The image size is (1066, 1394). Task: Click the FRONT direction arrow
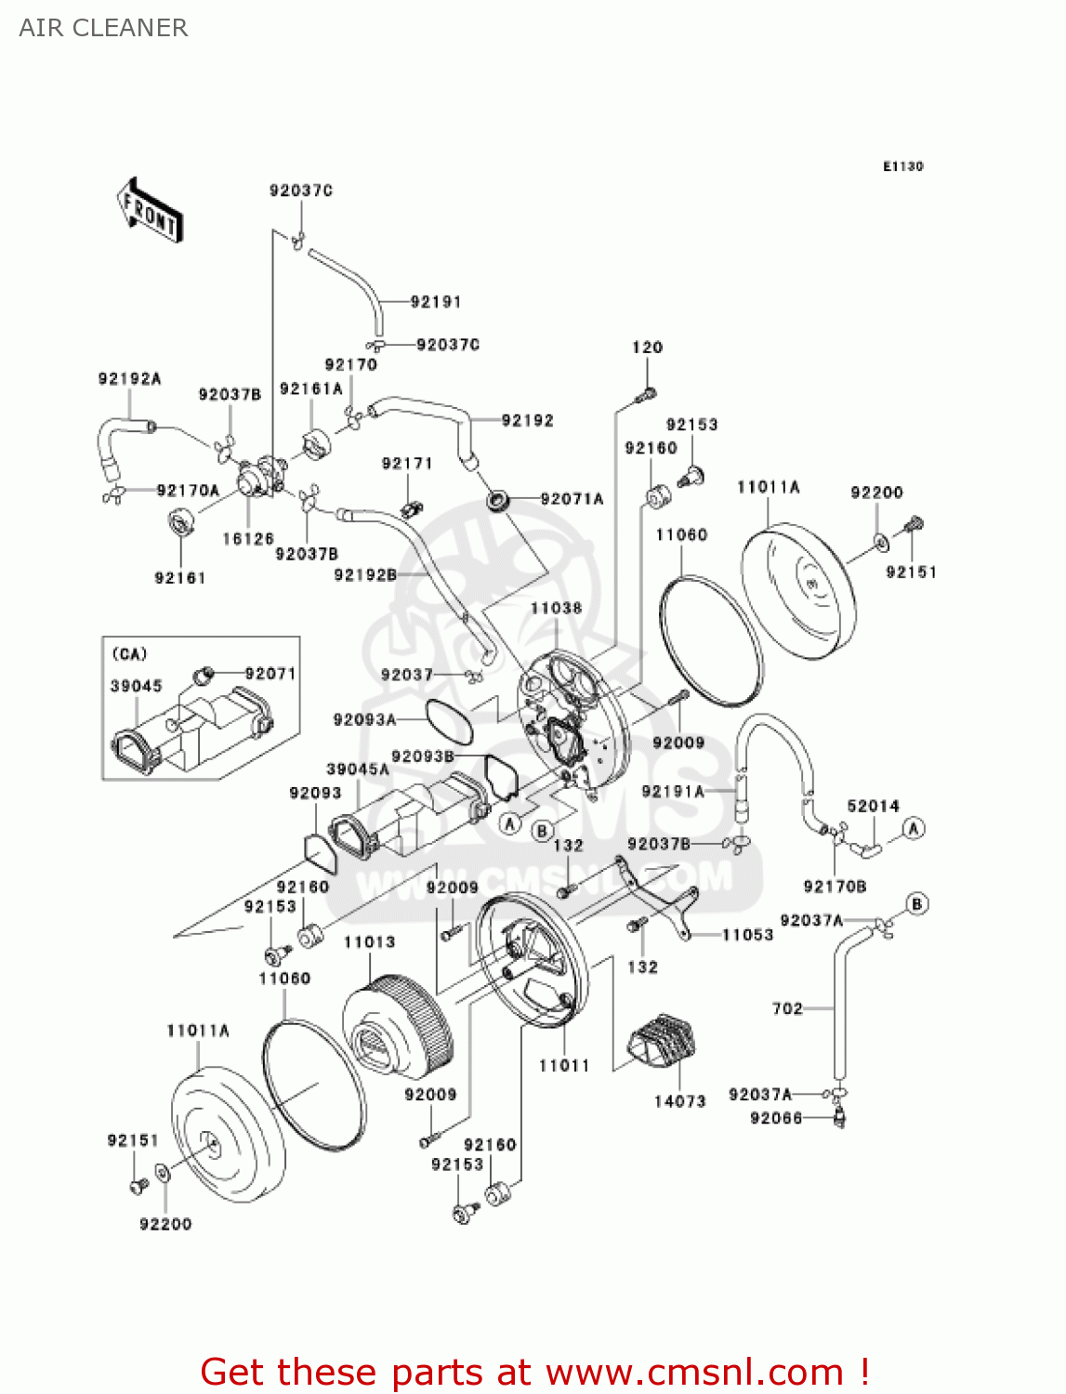pos(150,210)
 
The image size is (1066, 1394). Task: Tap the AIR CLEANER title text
pos(103,28)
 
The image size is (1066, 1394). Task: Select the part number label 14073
pos(679,1101)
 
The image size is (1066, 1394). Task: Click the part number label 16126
pos(248,539)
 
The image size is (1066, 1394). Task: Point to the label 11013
pos(369,942)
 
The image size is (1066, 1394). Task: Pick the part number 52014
pos(873,807)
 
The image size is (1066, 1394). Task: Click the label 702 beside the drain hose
pos(787,1008)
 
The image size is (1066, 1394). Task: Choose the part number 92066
pos(776,1118)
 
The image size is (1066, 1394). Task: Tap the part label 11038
pos(556,609)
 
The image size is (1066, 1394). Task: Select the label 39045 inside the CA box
pos(137,686)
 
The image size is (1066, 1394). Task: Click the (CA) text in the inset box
pos(129,654)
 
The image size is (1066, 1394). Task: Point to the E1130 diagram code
pos(902,166)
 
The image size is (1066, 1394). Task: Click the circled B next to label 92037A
pos(916,903)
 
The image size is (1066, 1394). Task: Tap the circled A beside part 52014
pos(914,828)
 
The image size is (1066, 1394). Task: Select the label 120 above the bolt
pos(647,348)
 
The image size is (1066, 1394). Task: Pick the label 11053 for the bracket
pos(747,935)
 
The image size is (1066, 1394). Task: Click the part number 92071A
pos(572,499)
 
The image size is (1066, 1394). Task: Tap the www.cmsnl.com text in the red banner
pos(693,1372)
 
